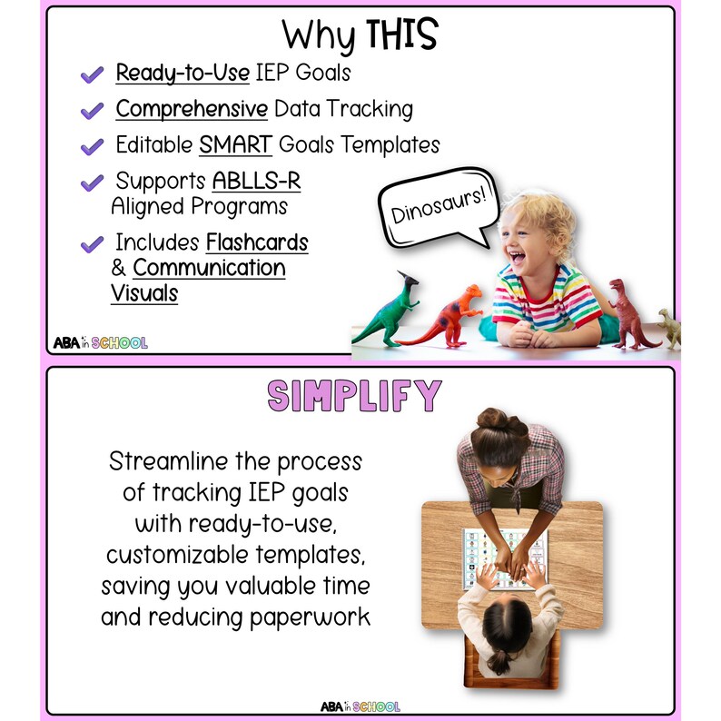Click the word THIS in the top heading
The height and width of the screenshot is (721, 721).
click(401, 35)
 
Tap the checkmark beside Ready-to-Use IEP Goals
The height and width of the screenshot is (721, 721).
click(92, 75)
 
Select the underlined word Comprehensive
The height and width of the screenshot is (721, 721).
click(192, 110)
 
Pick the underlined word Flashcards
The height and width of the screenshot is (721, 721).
click(257, 243)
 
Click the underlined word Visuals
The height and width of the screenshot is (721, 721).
click(144, 293)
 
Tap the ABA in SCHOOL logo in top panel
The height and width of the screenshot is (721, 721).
click(100, 343)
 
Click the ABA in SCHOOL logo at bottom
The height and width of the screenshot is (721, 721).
click(360, 706)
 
